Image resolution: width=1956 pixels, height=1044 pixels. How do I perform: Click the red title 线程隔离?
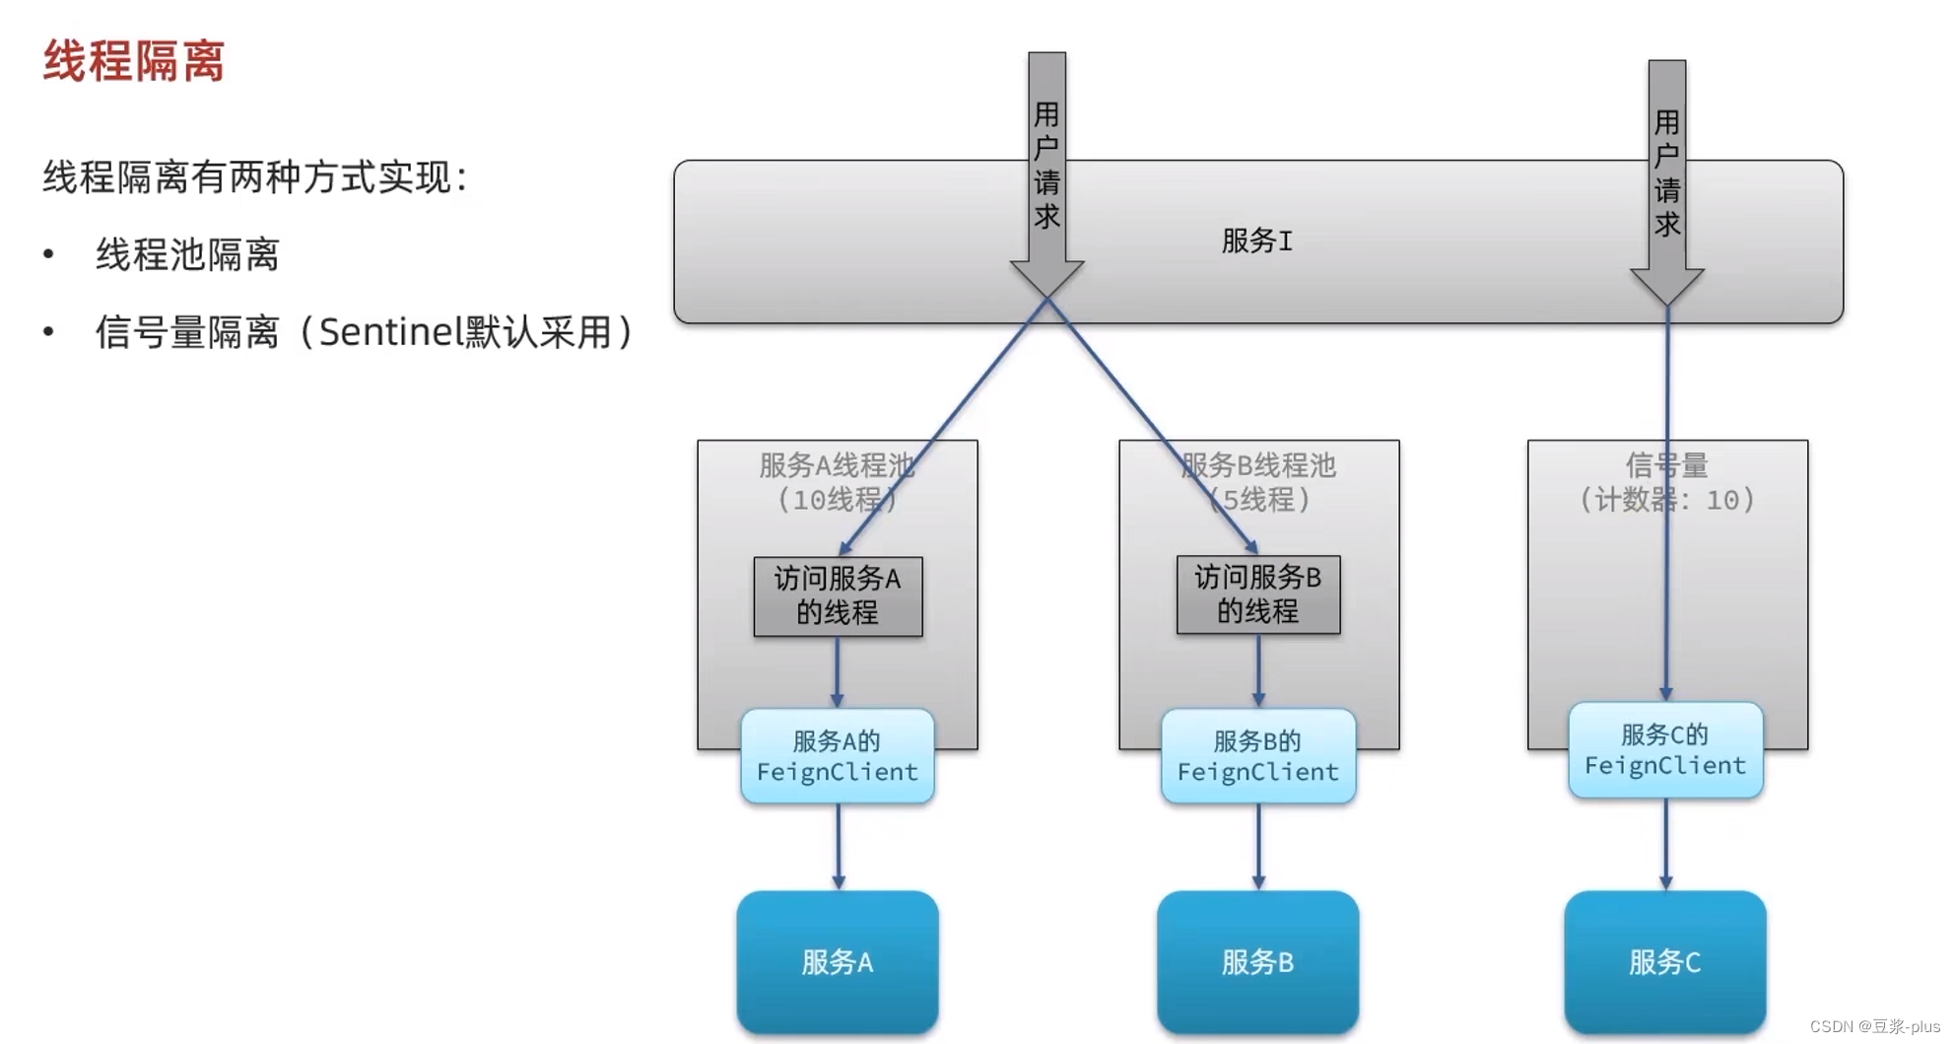click(134, 61)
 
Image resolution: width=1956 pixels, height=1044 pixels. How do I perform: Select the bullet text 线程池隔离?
click(187, 255)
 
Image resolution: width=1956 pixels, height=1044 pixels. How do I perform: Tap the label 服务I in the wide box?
click(1256, 241)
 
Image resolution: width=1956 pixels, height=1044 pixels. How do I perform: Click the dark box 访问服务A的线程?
click(838, 595)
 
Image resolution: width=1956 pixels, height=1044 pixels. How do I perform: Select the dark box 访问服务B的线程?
click(1257, 594)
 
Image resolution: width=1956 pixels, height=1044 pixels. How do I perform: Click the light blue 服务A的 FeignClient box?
click(838, 756)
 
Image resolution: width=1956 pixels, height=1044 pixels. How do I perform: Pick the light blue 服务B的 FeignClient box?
click(1257, 756)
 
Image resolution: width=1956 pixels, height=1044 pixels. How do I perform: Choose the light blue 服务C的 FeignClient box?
click(1665, 750)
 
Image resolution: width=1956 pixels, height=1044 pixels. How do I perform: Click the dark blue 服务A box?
click(838, 961)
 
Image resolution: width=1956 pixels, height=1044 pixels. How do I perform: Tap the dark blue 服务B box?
click(1257, 961)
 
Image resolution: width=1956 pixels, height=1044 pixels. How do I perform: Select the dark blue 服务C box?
click(1665, 961)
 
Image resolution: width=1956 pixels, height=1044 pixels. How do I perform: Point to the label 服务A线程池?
click(837, 465)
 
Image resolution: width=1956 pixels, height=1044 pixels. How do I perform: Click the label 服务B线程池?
click(1258, 465)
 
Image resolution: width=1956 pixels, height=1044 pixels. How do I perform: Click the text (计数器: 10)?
click(1667, 500)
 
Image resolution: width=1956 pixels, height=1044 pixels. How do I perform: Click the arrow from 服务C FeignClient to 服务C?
click(1665, 844)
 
